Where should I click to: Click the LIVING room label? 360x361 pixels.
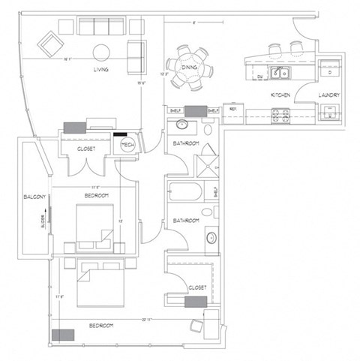[100, 70]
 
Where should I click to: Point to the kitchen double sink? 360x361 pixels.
[281, 73]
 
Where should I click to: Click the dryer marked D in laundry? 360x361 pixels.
[329, 71]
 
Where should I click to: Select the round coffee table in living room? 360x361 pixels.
[100, 52]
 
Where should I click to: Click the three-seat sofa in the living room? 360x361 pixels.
[100, 29]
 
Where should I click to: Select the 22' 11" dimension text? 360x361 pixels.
[145, 320]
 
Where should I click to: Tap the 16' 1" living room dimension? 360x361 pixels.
[67, 58]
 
